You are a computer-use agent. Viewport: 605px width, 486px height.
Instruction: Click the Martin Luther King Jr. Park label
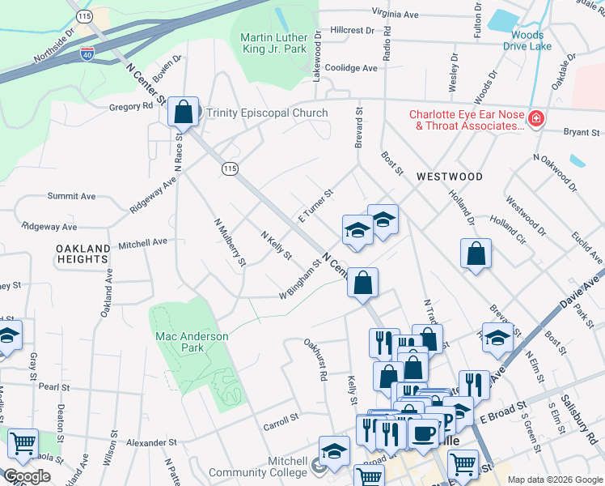(x=274, y=44)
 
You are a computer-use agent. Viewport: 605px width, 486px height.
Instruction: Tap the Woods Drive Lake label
(x=527, y=40)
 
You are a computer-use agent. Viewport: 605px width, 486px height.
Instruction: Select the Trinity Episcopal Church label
(x=267, y=113)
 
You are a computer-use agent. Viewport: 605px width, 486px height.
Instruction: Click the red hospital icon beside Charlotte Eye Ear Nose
(x=535, y=120)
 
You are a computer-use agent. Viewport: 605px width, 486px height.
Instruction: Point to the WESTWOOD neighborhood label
(x=450, y=177)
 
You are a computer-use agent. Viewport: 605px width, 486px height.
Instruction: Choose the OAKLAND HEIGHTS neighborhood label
(x=81, y=253)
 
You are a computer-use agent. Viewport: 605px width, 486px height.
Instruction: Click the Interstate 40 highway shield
(x=87, y=55)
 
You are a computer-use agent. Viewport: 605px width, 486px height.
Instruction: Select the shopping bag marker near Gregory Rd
(x=184, y=112)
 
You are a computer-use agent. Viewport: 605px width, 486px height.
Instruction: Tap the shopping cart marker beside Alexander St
(x=23, y=444)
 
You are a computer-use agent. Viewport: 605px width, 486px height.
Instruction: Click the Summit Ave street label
(x=71, y=196)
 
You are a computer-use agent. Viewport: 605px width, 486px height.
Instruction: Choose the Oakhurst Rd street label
(x=315, y=360)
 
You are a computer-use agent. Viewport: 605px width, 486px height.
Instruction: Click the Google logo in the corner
(x=27, y=476)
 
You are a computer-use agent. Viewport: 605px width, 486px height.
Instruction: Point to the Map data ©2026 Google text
(x=554, y=479)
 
